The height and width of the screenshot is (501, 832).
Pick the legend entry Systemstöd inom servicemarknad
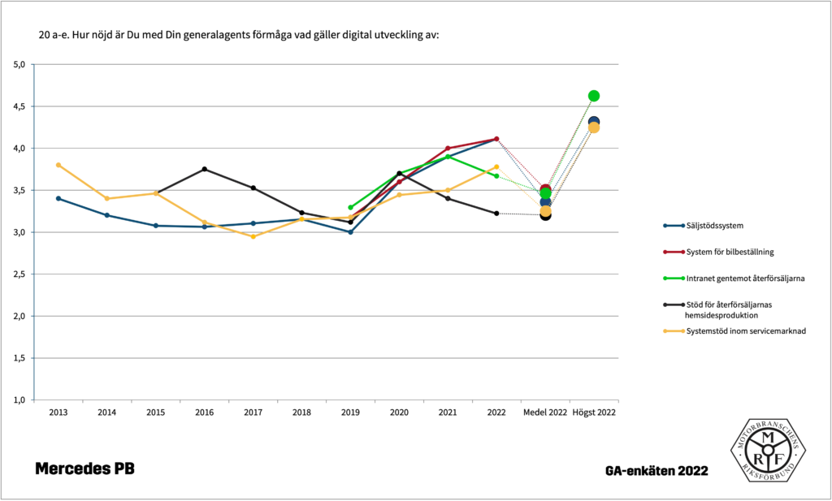734,330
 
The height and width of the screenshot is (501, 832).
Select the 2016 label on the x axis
204,412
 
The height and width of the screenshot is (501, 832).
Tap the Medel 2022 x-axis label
545,412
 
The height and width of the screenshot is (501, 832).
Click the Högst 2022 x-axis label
594,412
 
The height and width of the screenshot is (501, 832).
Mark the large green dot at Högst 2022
594,96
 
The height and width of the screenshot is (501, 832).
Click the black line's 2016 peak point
204,169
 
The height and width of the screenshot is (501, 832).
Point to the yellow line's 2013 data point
58,165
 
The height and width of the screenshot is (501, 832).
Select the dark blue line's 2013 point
58,198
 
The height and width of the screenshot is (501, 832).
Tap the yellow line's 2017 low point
253,236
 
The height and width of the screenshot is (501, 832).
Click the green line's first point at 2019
350,207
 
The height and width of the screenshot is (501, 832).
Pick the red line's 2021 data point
448,149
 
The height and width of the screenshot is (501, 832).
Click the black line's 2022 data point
496,214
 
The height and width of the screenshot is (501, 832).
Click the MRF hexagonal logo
768,450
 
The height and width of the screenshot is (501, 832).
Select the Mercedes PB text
84,469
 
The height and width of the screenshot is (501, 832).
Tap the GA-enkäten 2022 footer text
656,471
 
